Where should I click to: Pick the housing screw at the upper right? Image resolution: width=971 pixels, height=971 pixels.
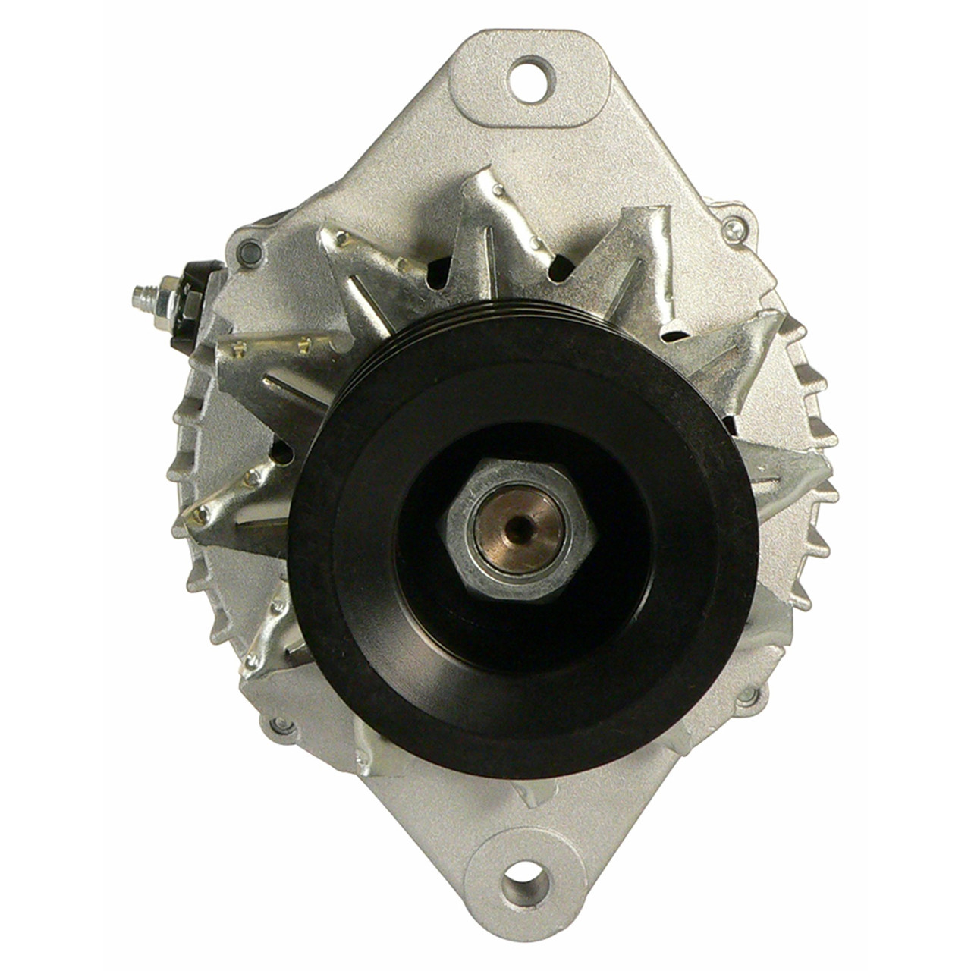click(730, 226)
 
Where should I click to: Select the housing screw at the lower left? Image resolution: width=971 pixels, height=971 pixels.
click(282, 724)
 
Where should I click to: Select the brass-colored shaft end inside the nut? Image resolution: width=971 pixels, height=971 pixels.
click(507, 523)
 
